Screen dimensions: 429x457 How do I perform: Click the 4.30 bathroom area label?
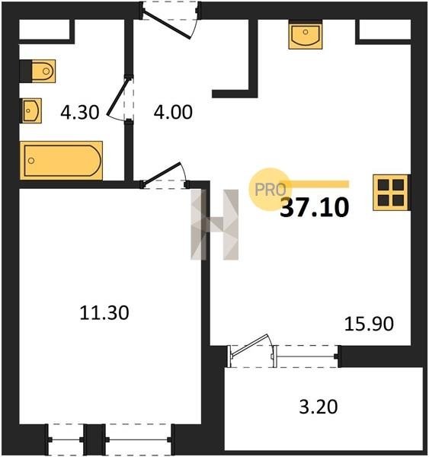point(79,112)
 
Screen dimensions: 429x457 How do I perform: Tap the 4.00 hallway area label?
point(173,112)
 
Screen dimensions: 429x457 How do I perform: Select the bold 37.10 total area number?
point(315,207)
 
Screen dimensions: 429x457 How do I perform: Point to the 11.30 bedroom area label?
point(104,313)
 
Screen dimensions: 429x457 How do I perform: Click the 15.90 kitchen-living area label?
point(369,324)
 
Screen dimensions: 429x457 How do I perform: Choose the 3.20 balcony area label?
point(319,407)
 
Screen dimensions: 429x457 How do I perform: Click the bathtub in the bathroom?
point(61,160)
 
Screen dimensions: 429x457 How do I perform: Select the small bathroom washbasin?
point(32,110)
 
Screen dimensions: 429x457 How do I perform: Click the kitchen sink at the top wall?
point(306,36)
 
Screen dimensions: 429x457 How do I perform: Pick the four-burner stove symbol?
point(391,193)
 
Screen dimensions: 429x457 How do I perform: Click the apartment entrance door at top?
point(168,24)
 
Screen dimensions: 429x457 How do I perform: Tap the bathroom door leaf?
point(117,97)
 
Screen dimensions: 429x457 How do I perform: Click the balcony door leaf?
point(250,345)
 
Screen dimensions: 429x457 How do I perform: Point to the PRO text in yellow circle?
point(270,190)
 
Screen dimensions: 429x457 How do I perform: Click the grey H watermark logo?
point(215,225)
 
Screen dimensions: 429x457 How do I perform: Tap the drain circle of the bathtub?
point(31,161)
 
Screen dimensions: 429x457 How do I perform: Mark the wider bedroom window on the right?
point(138,439)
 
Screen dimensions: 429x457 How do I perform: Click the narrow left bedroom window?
point(66,439)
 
